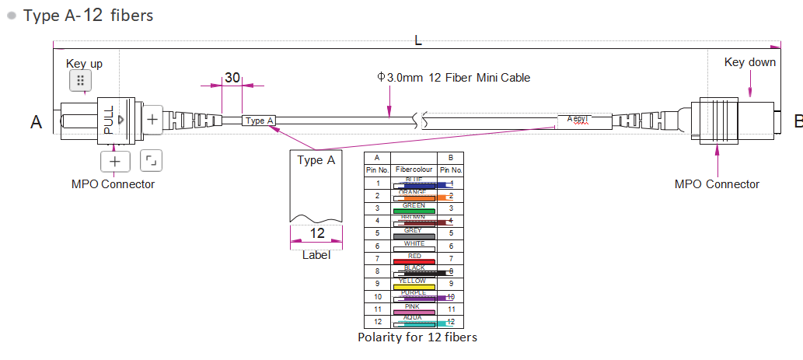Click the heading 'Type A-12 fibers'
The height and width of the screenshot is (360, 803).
tap(87, 16)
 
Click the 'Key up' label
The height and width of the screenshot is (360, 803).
tap(84, 63)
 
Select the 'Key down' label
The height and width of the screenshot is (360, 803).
tap(749, 62)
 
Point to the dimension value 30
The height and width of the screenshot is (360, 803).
tap(232, 78)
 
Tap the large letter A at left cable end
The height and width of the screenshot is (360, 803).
tap(36, 121)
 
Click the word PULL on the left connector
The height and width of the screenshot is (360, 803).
tap(109, 121)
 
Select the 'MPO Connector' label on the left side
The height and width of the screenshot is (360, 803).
tap(113, 184)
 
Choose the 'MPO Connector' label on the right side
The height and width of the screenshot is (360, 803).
tap(717, 184)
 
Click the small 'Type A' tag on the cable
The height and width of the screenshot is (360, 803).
tap(260, 121)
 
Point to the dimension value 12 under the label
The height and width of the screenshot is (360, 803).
tap(317, 233)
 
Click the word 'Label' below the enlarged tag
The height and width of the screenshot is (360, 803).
tap(316, 254)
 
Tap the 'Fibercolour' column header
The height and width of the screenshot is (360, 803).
tap(414, 170)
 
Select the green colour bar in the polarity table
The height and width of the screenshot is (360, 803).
tap(414, 210)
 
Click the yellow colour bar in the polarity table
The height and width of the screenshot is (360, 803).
tap(414, 285)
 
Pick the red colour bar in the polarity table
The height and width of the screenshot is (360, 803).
tap(414, 260)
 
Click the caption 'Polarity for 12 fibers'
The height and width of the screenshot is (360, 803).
tap(417, 337)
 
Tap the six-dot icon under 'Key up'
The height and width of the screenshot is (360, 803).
tap(81, 80)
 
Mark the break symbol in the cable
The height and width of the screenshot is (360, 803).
tap(420, 121)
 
